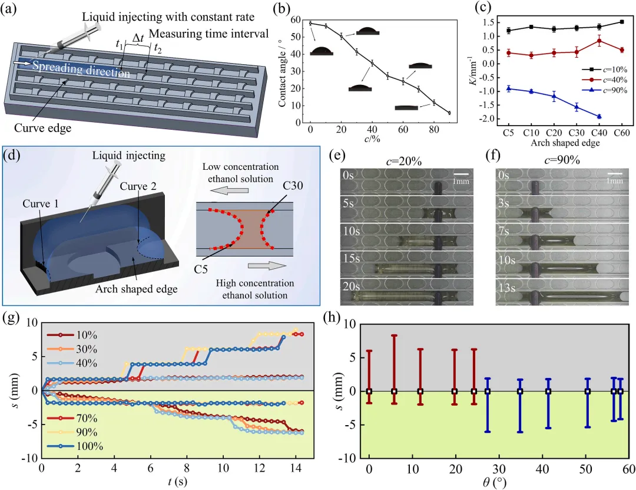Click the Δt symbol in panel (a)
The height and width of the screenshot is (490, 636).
pyautogui.click(x=139, y=40)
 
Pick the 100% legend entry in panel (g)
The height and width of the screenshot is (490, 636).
pyautogui.click(x=86, y=445)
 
